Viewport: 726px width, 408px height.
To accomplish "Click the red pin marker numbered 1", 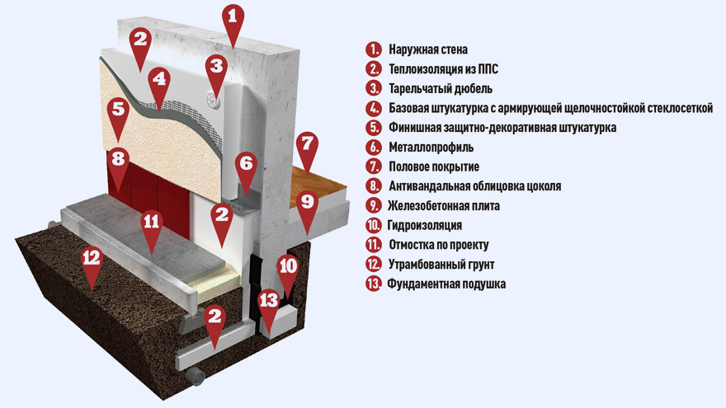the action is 233,22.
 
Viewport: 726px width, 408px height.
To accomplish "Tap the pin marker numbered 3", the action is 216,71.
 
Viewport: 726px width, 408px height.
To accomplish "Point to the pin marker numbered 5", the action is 119,115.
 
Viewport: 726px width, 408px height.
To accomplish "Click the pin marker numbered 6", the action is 246,168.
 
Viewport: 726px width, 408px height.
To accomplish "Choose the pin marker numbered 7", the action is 307,149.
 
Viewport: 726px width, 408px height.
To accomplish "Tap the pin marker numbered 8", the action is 118,164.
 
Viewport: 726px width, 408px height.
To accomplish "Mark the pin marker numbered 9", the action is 307,207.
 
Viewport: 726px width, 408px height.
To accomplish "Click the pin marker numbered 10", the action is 288,271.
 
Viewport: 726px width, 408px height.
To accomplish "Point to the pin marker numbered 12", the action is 92,263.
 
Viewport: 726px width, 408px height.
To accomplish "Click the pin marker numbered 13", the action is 269,307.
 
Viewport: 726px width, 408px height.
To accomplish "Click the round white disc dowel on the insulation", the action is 213,100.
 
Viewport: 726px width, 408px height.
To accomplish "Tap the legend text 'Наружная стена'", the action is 428,49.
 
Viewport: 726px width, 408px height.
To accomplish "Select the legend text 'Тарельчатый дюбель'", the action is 441,88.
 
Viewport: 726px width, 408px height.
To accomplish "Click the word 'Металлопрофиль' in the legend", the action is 431,147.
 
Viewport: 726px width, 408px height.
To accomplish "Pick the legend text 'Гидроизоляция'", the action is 425,225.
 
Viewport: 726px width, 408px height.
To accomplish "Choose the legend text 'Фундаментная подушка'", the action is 446,284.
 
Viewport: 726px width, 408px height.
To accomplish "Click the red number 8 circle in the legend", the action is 373,186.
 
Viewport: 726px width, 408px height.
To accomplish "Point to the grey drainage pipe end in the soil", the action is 197,377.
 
